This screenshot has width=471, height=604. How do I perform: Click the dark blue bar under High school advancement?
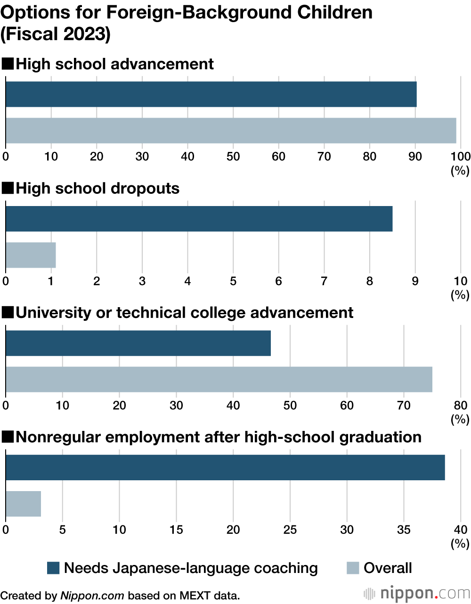tap(211, 94)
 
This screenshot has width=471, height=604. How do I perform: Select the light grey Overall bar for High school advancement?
tap(231, 130)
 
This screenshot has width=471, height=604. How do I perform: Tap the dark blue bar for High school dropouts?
tap(199, 219)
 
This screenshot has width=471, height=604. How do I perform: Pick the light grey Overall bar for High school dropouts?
tap(31, 255)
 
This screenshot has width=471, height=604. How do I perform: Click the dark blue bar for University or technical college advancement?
tap(138, 343)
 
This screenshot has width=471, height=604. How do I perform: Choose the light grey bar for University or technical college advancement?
tap(219, 380)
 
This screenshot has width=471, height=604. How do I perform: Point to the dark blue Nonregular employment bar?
tap(225, 467)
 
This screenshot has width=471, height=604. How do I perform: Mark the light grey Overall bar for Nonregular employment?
tap(23, 504)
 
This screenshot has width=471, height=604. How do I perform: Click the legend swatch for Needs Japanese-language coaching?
tap(53, 568)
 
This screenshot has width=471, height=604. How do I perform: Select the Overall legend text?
tap(387, 568)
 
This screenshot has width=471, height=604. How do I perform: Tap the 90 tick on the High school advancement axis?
tap(415, 156)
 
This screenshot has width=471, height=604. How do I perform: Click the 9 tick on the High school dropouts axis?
tap(415, 281)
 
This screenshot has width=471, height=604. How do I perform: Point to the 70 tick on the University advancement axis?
tap(404, 405)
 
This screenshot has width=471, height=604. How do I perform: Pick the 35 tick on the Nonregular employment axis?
tap(404, 530)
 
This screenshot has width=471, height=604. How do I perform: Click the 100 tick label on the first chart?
tap(460, 156)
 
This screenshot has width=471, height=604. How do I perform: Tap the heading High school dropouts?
tap(97, 188)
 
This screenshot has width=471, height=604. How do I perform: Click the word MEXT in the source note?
tap(197, 596)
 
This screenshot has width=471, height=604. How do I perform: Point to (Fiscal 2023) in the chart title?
tap(56, 34)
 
